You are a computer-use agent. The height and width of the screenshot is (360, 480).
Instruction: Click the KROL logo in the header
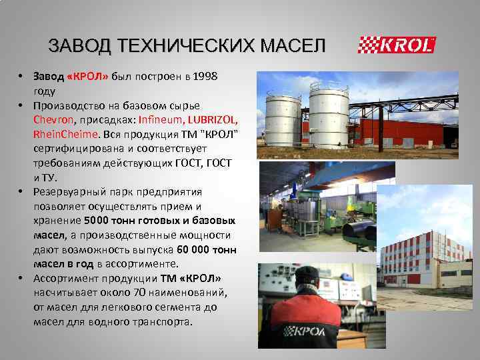click(x=397, y=45)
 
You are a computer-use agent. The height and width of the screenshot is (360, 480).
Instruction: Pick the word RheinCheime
click(x=67, y=134)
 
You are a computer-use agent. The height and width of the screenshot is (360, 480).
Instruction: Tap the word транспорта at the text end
click(x=161, y=321)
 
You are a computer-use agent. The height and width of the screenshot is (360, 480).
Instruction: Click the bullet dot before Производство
click(x=21, y=105)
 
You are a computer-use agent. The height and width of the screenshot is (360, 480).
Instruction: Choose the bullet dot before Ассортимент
click(x=21, y=278)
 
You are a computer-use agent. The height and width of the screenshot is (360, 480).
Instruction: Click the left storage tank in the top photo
click(x=283, y=120)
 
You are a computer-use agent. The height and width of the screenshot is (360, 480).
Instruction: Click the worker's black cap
click(x=309, y=274)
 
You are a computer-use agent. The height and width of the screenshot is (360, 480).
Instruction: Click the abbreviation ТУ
click(x=50, y=177)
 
